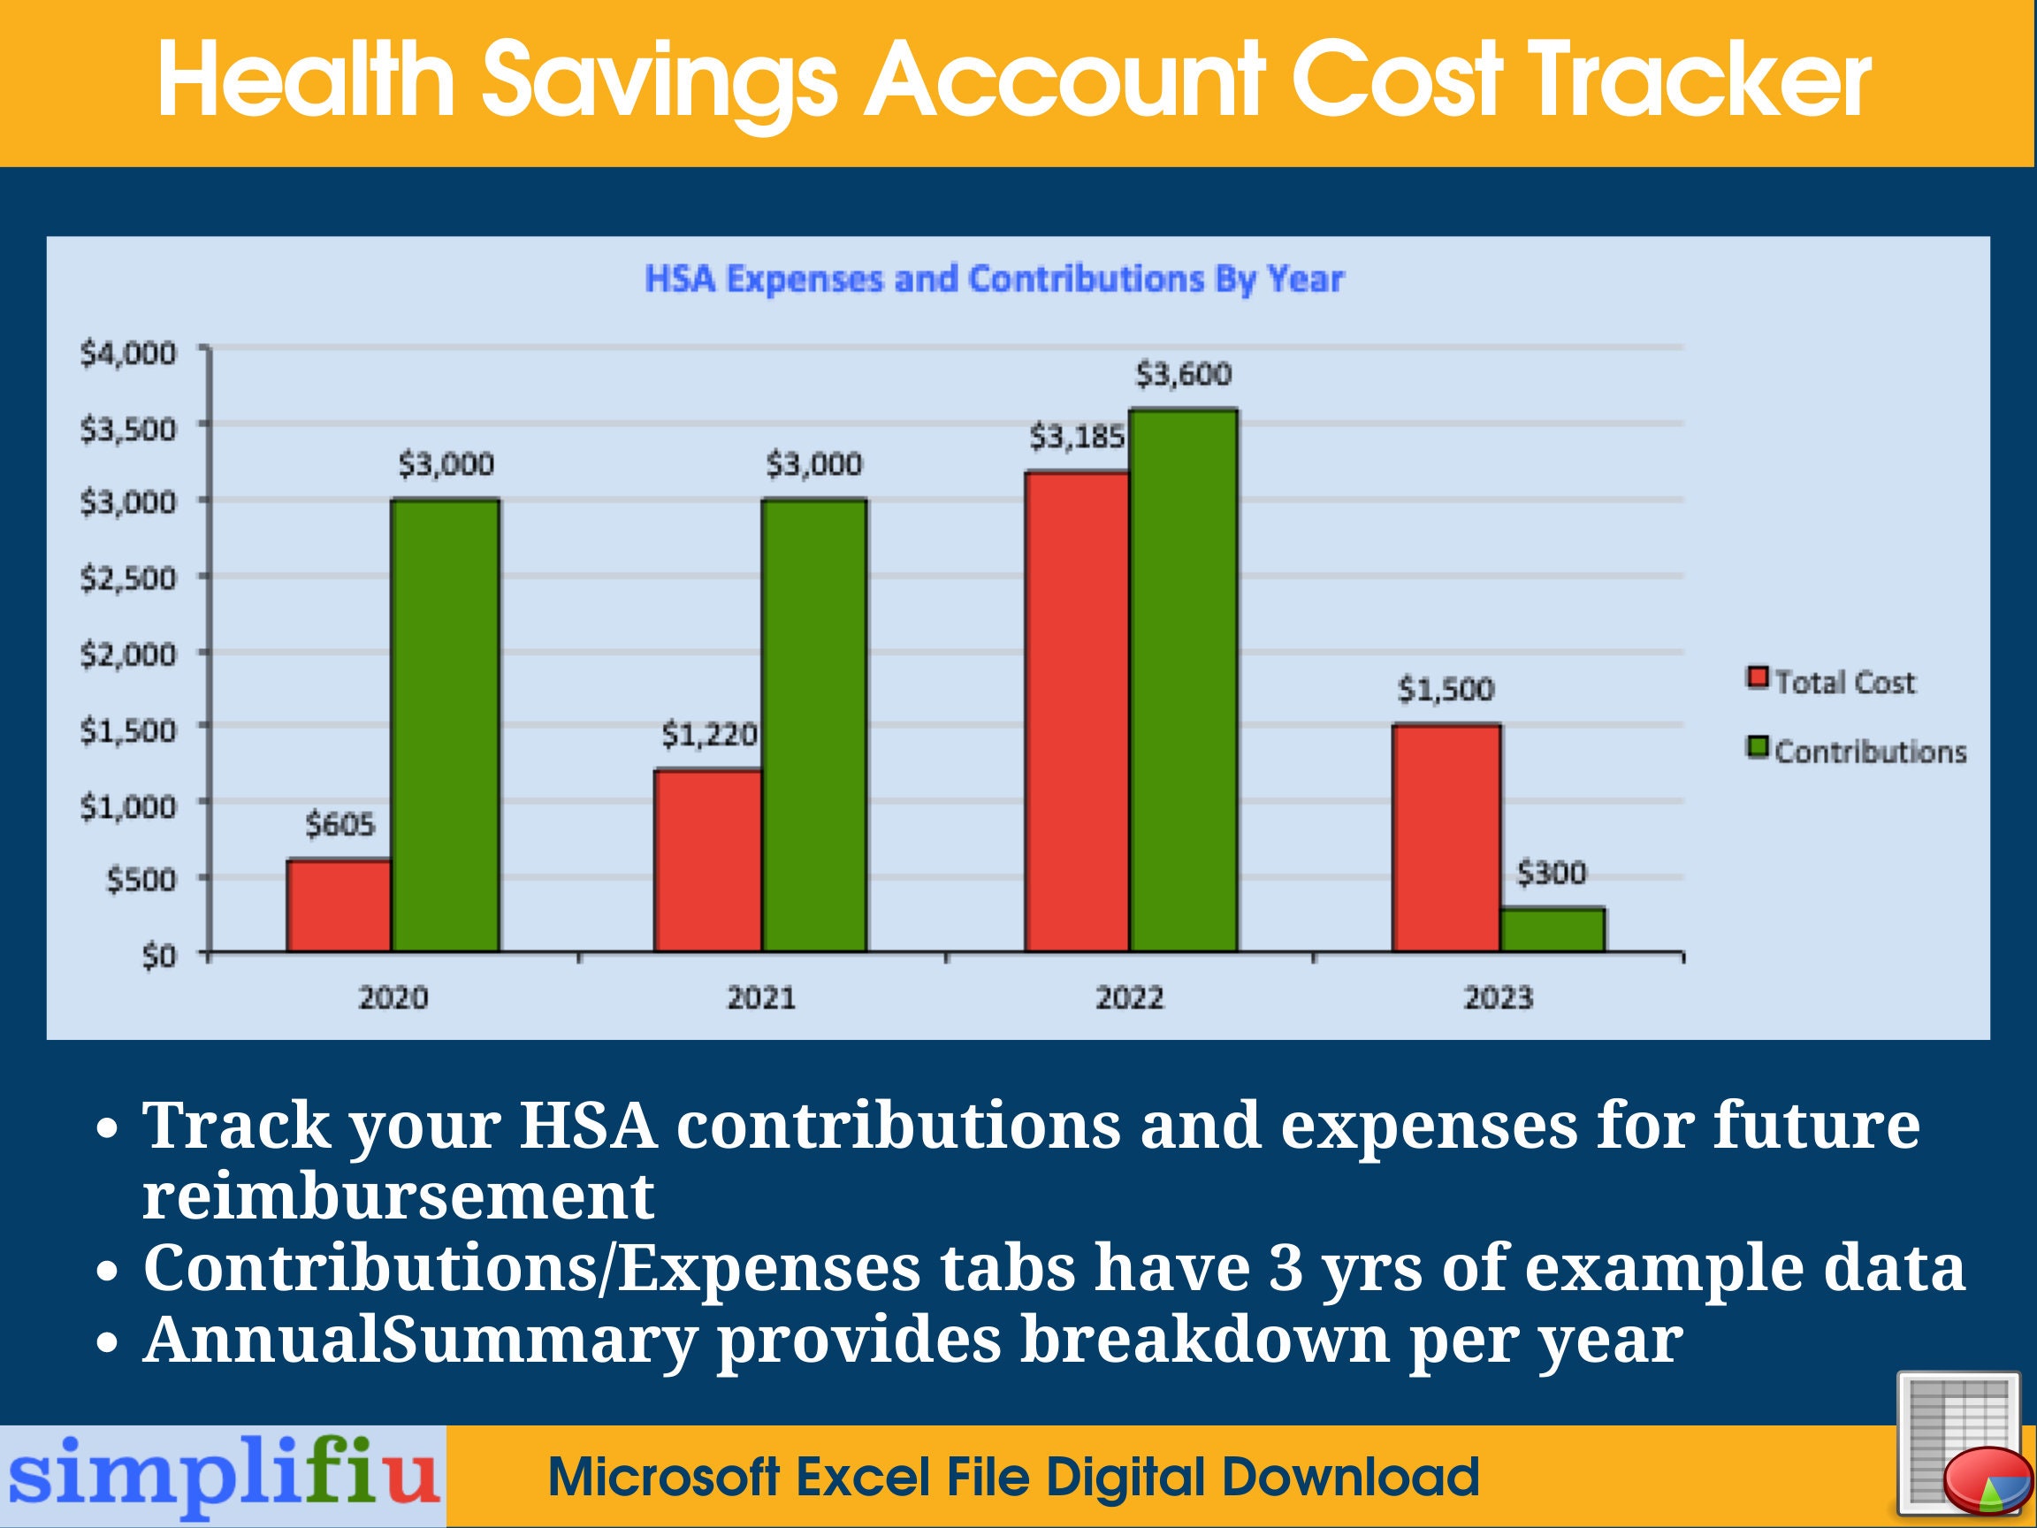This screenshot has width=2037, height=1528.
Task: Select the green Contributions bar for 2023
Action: point(1553,929)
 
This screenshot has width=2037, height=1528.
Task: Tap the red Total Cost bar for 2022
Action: point(1077,711)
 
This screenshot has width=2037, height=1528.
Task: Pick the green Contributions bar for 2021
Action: point(814,725)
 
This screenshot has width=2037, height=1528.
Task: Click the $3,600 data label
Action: point(1183,375)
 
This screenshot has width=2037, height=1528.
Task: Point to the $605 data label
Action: point(339,824)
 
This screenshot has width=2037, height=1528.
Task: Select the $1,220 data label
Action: point(709,735)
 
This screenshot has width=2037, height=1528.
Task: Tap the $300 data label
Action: point(1552,873)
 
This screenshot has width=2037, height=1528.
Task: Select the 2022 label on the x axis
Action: point(1130,998)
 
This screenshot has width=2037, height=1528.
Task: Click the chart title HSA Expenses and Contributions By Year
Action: point(995,279)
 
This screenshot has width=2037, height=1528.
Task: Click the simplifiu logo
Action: point(223,1477)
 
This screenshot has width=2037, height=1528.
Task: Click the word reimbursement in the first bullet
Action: point(398,1197)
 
